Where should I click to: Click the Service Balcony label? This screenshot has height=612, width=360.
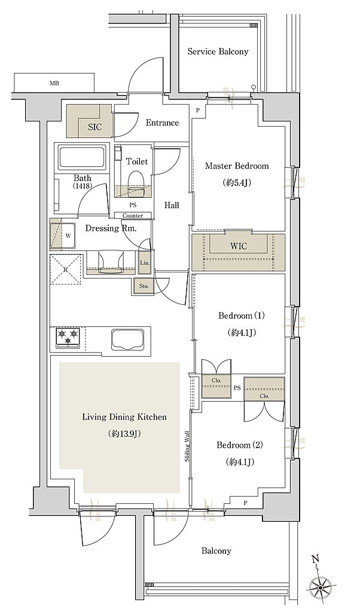(x=218, y=51)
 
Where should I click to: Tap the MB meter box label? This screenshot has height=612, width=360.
(x=54, y=83)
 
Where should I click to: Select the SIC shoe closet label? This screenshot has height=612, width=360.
(x=94, y=127)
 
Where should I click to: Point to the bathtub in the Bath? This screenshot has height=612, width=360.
(x=83, y=158)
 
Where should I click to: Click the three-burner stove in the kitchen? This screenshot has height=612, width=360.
(x=68, y=338)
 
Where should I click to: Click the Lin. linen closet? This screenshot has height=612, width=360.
(x=145, y=262)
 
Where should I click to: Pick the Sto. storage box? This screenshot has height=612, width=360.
(x=144, y=286)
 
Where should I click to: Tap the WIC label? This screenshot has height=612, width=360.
(x=239, y=246)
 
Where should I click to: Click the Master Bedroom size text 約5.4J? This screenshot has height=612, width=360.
(x=237, y=182)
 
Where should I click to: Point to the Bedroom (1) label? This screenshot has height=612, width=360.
(x=242, y=316)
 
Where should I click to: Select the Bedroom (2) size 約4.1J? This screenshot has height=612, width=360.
(x=240, y=462)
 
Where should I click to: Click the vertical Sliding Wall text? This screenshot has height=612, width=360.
(x=187, y=446)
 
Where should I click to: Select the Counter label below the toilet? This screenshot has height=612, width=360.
(x=133, y=215)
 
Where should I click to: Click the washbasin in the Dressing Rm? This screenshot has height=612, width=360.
(x=112, y=262)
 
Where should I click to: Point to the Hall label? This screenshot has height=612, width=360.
(x=172, y=205)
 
